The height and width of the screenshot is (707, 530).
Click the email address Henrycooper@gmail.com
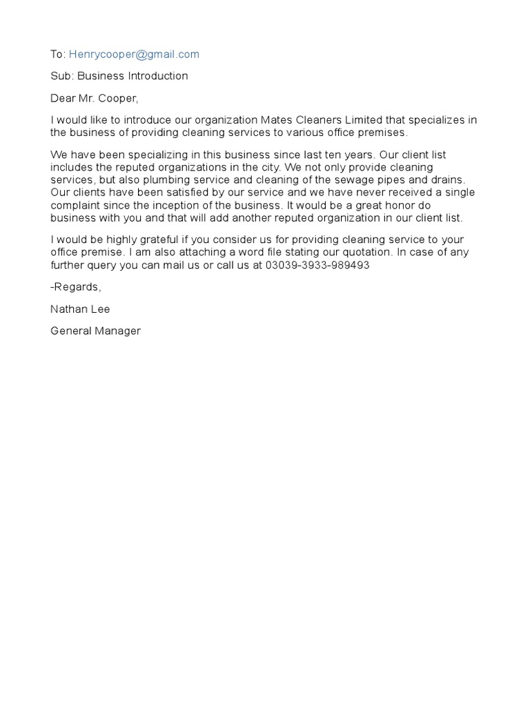pos(134,55)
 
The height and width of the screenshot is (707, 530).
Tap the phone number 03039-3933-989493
pos(317,264)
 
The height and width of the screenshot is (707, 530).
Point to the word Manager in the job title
pos(118,331)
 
